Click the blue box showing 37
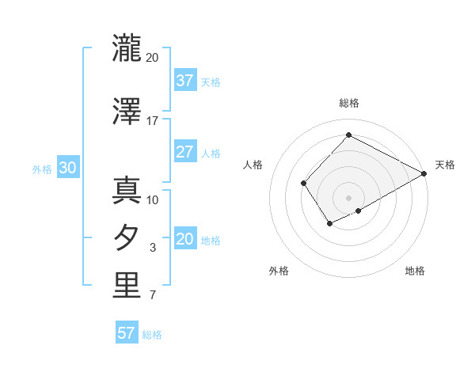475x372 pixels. pyautogui.click(x=184, y=81)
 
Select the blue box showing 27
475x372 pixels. pyautogui.click(x=184, y=153)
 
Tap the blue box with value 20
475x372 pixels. pyautogui.click(x=184, y=240)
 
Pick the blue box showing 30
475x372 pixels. pyautogui.click(x=67, y=169)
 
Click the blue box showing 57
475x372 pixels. pyautogui.click(x=127, y=333)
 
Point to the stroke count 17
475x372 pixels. pyautogui.click(x=153, y=121)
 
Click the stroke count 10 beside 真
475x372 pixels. pyautogui.click(x=153, y=199)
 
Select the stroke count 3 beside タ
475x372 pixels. pyautogui.click(x=153, y=248)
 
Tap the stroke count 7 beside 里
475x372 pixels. pyautogui.click(x=153, y=296)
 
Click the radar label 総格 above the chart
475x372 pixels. pyautogui.click(x=348, y=103)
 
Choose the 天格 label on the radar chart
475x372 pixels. pyautogui.click(x=445, y=165)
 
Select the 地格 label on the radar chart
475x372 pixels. pyautogui.click(x=415, y=271)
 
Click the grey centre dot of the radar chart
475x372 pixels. pyautogui.click(x=348, y=197)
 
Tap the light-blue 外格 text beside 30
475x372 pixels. pyautogui.click(x=42, y=169)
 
